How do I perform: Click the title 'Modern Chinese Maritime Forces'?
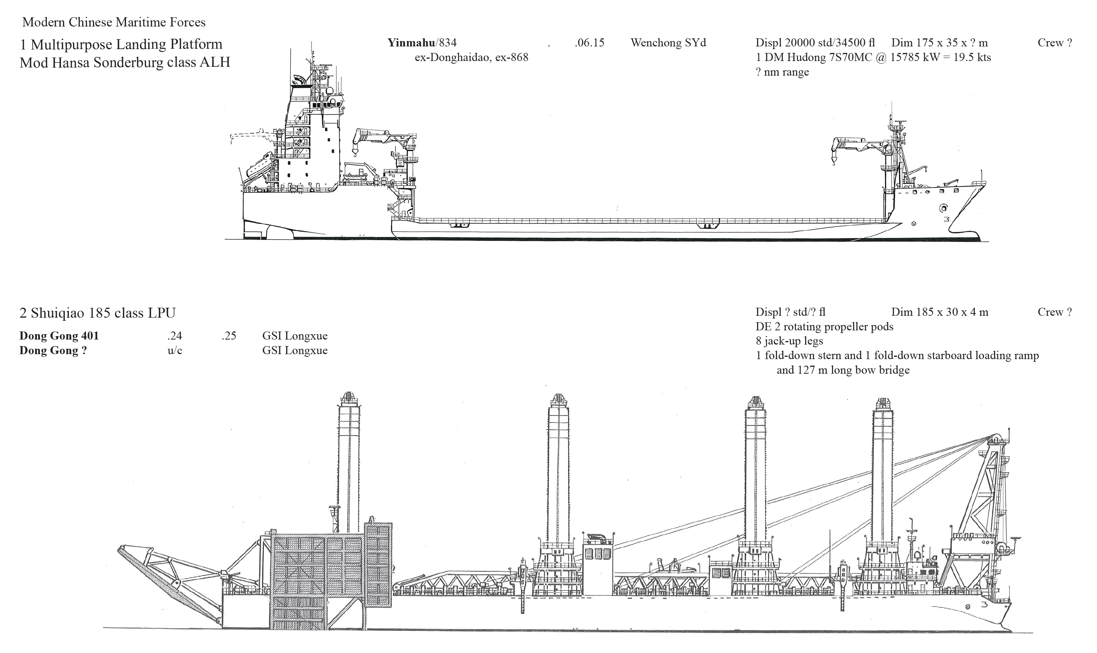tap(114, 22)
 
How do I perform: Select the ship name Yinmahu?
tap(411, 43)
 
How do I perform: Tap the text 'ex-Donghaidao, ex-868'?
tap(471, 57)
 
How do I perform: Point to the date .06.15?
tap(589, 43)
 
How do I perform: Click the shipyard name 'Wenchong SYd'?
tap(668, 43)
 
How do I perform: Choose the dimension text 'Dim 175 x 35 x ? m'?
tap(940, 43)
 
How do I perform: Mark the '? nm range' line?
tap(782, 72)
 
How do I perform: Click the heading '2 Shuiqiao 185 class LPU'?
tap(97, 313)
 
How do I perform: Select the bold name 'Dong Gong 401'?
tap(59, 336)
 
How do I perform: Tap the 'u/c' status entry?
tap(175, 350)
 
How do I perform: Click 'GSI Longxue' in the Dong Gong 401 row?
tap(295, 336)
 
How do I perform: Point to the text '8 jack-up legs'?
tap(789, 341)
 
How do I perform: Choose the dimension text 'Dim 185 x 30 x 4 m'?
tap(940, 312)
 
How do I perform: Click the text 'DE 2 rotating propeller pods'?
tap(824, 326)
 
